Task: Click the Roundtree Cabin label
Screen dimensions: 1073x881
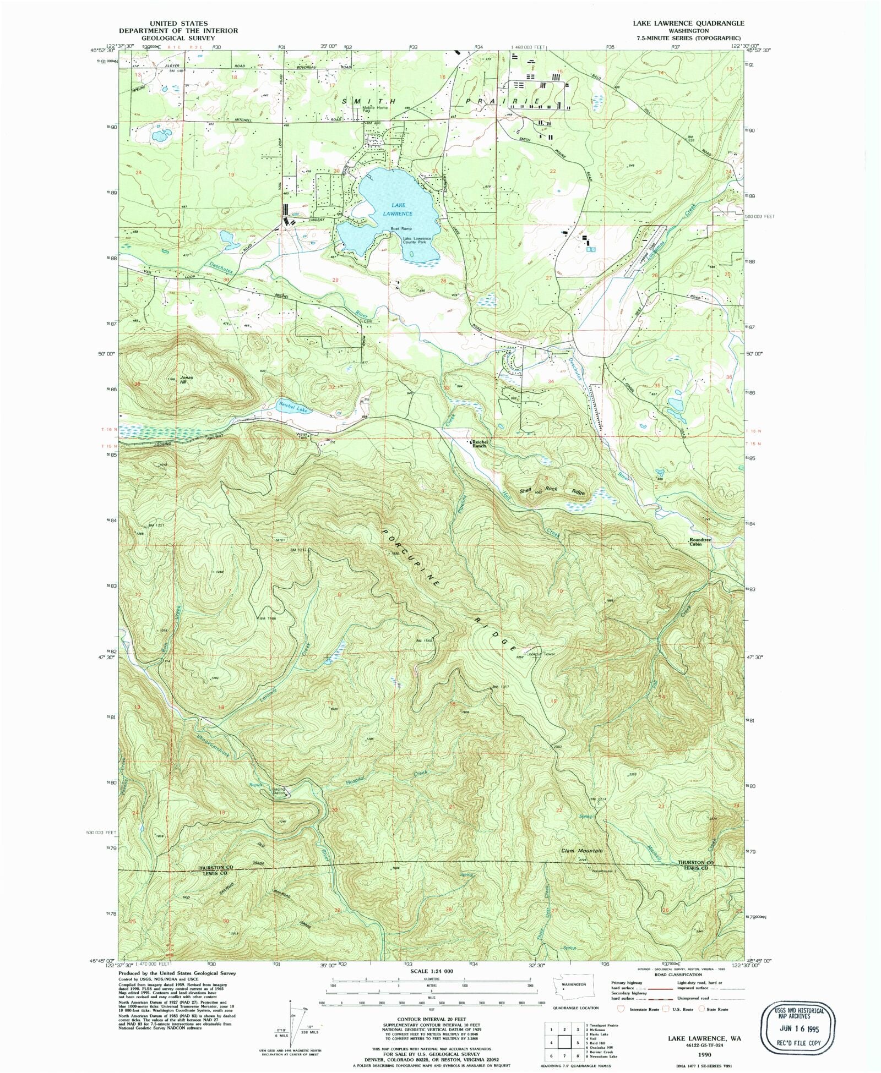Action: coord(700,541)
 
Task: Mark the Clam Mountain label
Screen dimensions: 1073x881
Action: coord(581,851)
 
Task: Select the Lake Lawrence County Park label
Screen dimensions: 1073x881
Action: coord(417,240)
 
